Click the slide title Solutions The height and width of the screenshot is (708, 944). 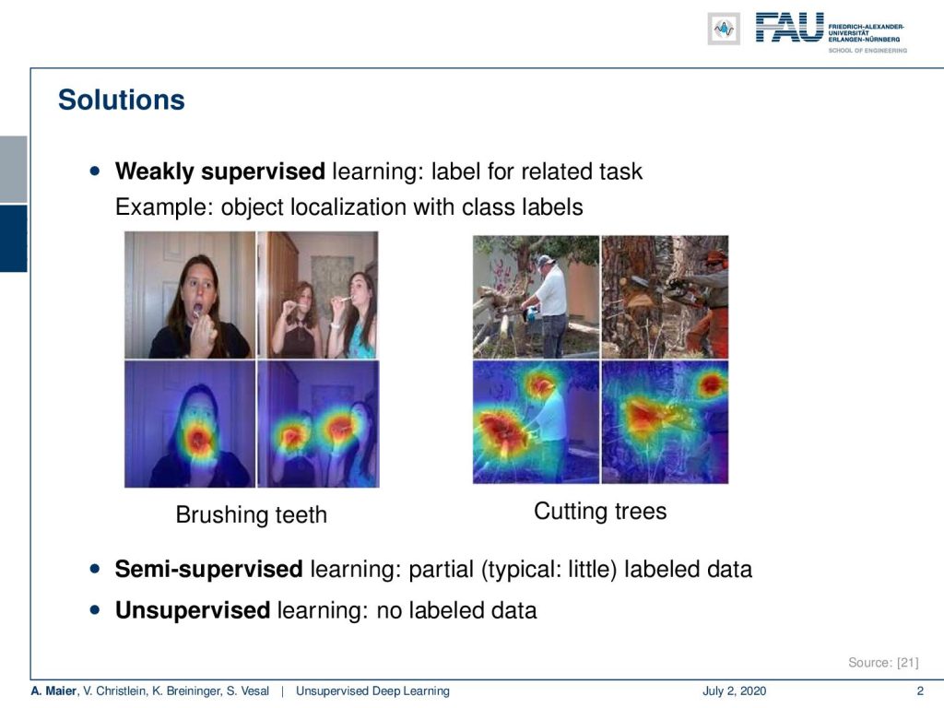click(121, 100)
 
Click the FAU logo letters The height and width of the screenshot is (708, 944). click(789, 28)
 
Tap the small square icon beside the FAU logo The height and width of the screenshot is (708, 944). click(724, 29)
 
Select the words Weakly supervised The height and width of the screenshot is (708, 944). click(219, 171)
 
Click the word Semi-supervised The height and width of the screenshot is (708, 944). click(208, 569)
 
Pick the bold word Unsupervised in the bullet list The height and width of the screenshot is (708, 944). click(192, 610)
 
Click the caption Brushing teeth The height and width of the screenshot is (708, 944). click(251, 514)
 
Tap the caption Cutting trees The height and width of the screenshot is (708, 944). click(600, 511)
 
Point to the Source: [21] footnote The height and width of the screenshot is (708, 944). click(883, 662)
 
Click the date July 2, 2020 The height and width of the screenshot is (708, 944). click(734, 690)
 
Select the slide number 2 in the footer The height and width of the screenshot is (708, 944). click(920, 690)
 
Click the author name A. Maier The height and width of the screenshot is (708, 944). click(54, 690)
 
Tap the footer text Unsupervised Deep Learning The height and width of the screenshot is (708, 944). click(372, 690)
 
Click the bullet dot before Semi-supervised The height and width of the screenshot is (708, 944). click(95, 568)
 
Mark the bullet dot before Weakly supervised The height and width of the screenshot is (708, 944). click(95, 171)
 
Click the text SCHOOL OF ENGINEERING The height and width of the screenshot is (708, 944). click(867, 51)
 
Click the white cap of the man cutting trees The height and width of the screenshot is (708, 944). click(544, 261)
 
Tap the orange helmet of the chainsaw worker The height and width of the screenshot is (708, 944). click(715, 257)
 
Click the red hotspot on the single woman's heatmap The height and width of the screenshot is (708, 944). click(197, 441)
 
